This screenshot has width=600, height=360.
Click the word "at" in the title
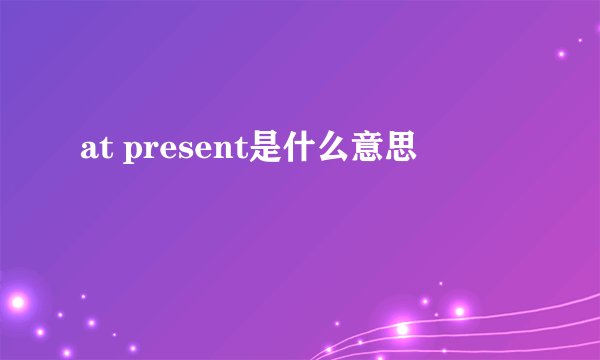(x=92, y=151)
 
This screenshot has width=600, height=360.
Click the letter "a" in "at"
(x=87, y=152)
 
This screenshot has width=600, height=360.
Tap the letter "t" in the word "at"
(x=100, y=151)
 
